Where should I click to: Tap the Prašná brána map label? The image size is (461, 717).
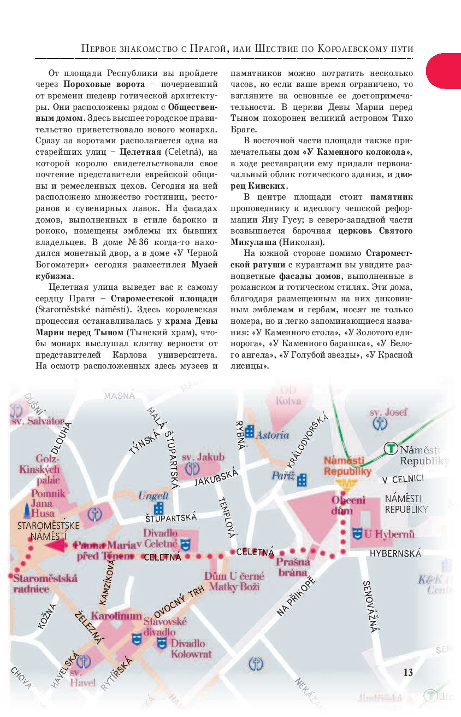pos(293,567)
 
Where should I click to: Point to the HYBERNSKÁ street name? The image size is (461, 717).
pos(395,553)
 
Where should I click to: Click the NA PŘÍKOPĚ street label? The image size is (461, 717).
pos(296,596)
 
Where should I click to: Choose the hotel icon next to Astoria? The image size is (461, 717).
pos(250,432)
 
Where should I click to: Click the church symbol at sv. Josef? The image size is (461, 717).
pos(379,422)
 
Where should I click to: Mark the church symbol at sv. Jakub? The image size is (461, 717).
pos(192,468)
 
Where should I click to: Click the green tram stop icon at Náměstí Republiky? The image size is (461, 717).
pos(391,448)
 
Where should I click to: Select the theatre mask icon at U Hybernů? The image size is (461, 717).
pos(357,533)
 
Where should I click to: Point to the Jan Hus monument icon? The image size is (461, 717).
pos(26,510)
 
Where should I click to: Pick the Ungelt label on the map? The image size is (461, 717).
pos(153,497)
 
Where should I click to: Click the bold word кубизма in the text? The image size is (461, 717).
pos(55,276)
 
